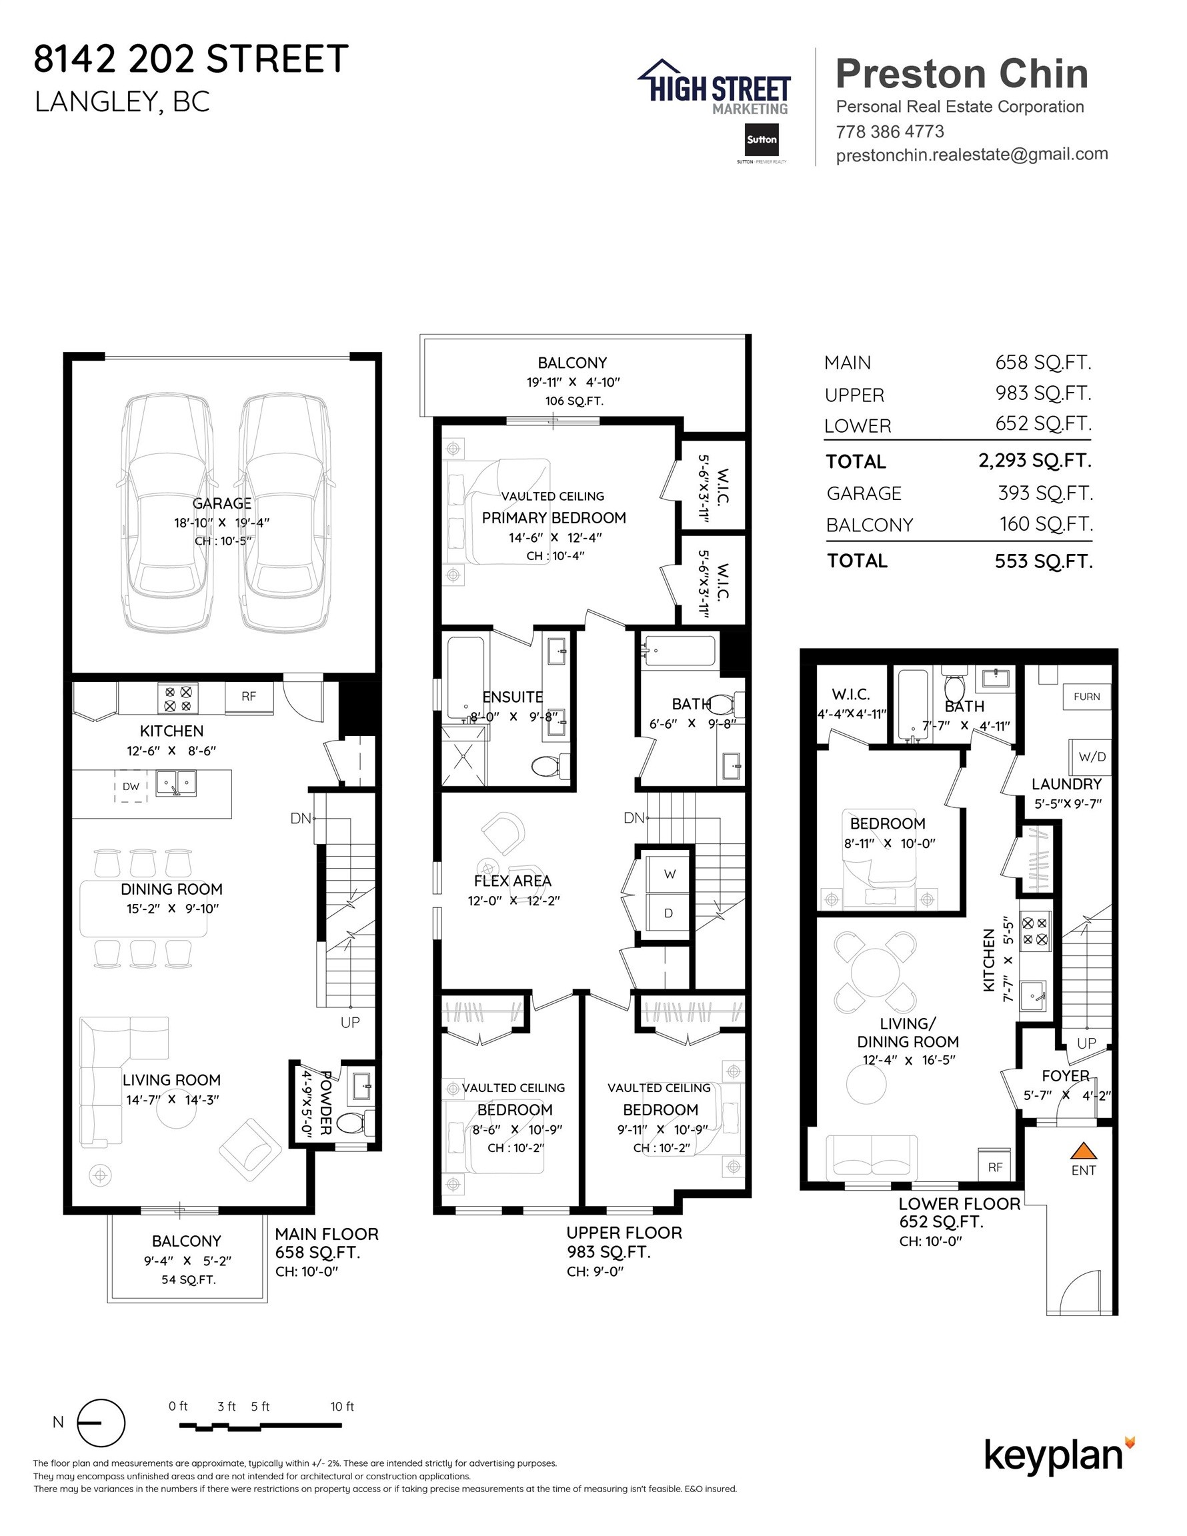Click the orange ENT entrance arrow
point(1084,1151)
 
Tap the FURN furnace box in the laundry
point(1086,696)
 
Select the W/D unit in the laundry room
point(1090,757)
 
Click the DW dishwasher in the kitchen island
point(131,786)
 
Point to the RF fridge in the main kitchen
point(248,696)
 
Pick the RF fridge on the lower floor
point(995,1167)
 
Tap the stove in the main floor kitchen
point(177,699)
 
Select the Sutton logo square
point(762,140)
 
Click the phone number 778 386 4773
point(890,131)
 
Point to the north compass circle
point(101,1422)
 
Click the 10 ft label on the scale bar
point(342,1406)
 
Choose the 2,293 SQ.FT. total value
point(1035,461)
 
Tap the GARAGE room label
point(221,503)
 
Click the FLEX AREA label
point(512,881)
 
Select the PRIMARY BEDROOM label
point(553,517)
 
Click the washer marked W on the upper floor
point(668,874)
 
